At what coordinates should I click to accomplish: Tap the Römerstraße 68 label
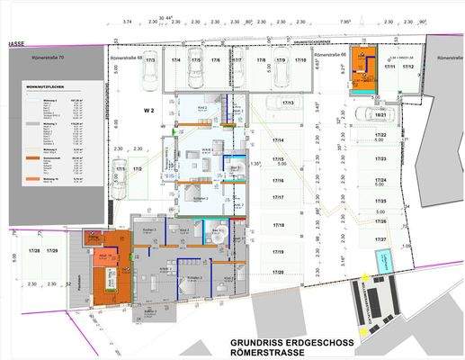(x=125, y=58)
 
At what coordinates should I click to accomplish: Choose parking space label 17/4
(x=175, y=60)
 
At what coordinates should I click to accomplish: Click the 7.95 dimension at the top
(x=345, y=21)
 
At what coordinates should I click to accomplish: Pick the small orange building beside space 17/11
(x=363, y=70)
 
